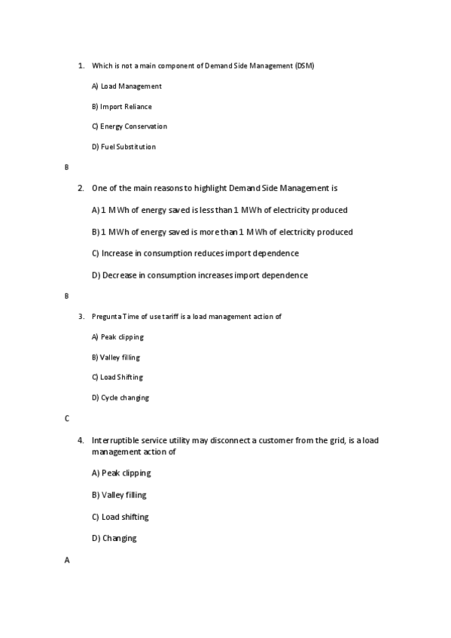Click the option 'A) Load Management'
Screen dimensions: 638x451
126,87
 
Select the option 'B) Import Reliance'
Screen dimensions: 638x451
121,107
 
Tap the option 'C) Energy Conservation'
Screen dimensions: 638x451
129,126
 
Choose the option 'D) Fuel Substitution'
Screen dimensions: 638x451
123,147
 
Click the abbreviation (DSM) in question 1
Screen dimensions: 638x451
305,66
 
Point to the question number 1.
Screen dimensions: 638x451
81,66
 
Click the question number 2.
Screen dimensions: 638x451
81,188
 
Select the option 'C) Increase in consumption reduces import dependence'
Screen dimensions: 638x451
195,254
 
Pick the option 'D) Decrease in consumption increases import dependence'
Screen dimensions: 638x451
200,275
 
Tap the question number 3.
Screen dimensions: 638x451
81,317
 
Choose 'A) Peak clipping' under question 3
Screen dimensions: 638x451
117,337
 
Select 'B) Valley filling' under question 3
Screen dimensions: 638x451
115,357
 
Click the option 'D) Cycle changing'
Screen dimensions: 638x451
120,397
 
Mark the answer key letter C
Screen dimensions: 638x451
67,418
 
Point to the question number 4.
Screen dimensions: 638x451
81,440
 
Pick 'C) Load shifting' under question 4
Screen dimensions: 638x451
120,517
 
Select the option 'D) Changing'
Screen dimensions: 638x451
114,539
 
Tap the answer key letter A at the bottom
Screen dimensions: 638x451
67,561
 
